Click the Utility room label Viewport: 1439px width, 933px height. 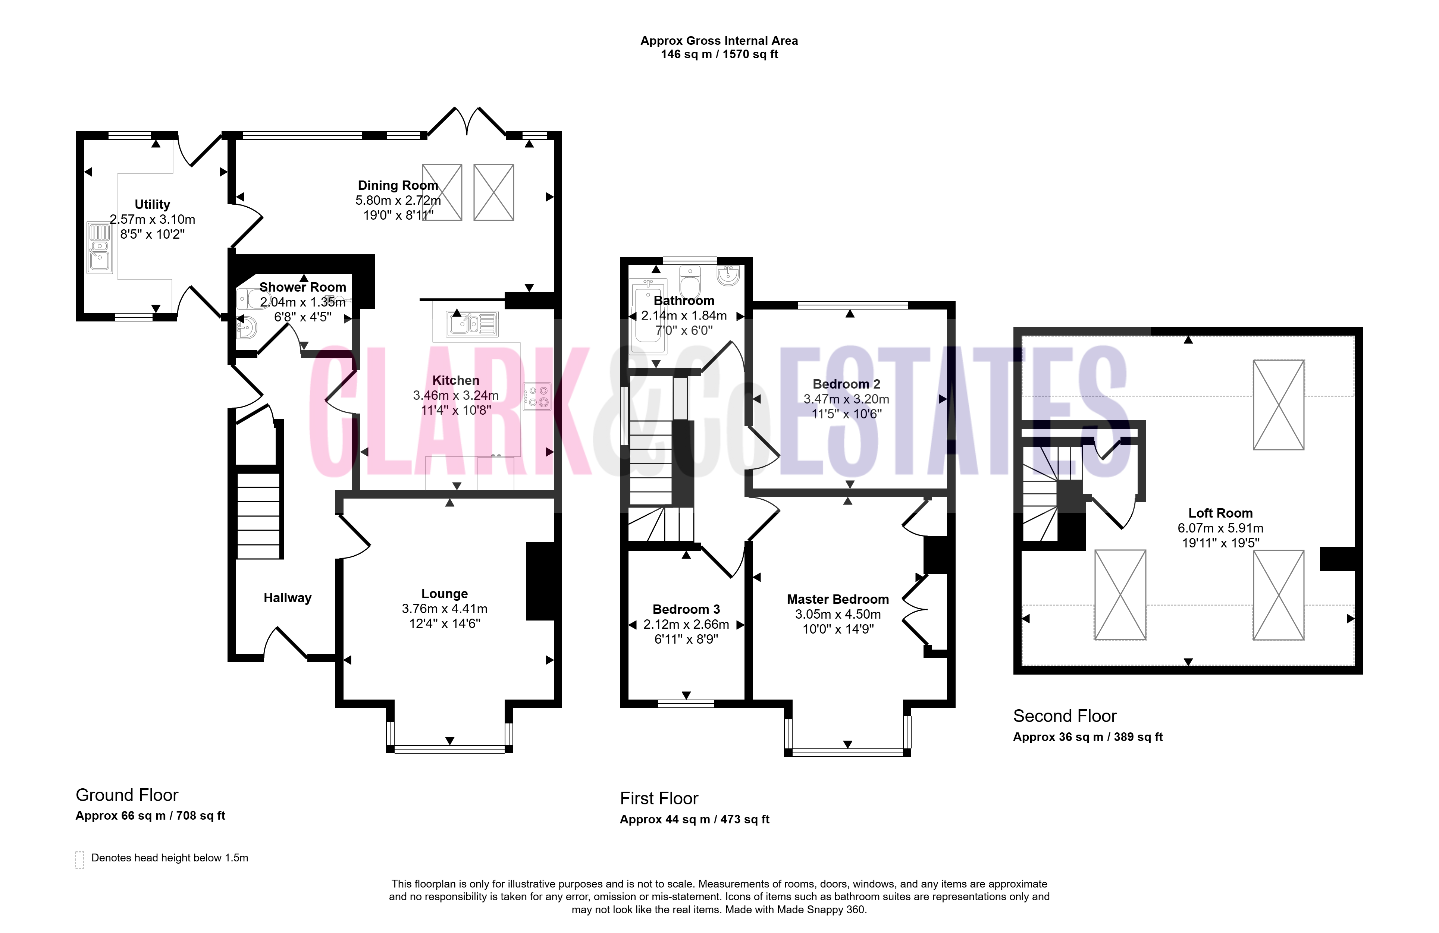[152, 204]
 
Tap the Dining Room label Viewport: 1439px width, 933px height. [398, 185]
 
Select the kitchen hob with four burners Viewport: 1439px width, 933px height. [537, 397]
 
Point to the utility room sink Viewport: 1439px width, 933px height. [100, 248]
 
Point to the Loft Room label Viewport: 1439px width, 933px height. [1220, 513]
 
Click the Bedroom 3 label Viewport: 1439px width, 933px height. [686, 609]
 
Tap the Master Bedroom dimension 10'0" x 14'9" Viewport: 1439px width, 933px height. [838, 629]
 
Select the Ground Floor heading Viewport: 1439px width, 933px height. [127, 795]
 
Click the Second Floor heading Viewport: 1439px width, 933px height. [1065, 716]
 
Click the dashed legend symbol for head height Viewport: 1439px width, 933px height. [79, 859]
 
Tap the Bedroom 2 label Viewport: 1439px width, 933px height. [846, 384]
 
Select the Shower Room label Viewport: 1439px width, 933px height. [303, 287]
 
